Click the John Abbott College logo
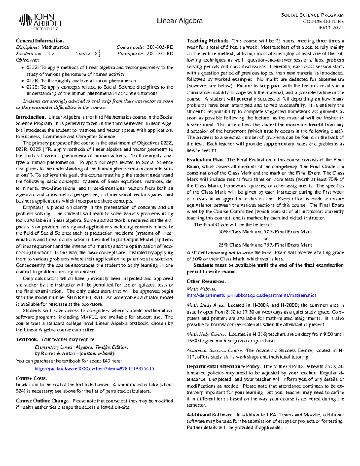coord(40,21)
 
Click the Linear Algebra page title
coord(180,21)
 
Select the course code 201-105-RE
coord(160,47)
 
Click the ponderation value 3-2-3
coord(53,54)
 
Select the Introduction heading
coord(31,117)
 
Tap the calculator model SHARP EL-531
coord(85,298)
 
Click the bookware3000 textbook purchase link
coord(94,368)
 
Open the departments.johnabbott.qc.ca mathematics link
coord(251,295)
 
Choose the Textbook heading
coord(27,339)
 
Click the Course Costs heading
coord(31,378)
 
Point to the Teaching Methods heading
coord(208,41)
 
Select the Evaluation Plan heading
coord(206,160)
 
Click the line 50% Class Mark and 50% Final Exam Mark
coord(265,232)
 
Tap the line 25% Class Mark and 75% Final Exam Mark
coord(265,245)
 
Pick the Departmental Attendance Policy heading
coord(225,366)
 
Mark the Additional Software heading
coord(210,415)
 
